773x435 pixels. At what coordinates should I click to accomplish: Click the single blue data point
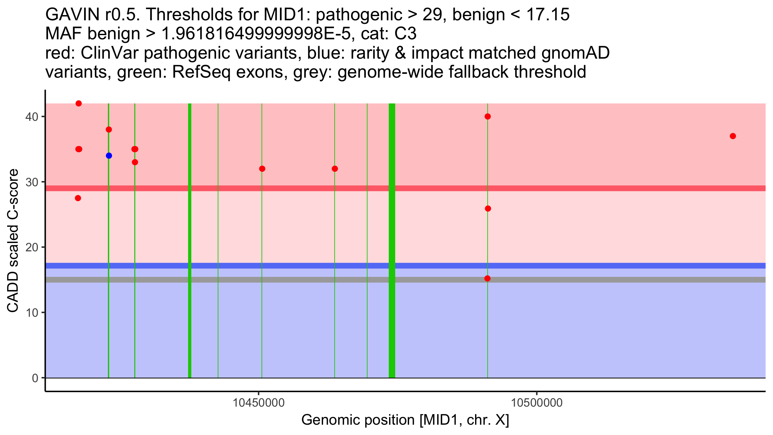click(109, 156)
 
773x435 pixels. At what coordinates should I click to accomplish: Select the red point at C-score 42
click(79, 103)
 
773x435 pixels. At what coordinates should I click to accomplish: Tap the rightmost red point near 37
click(733, 136)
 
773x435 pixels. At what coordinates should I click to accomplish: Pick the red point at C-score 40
click(488, 116)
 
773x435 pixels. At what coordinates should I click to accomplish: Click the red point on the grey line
click(487, 278)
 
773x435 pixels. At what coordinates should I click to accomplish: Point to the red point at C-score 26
click(488, 208)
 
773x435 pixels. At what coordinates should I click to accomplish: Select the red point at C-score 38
click(109, 130)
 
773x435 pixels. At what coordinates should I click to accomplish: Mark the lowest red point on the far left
click(78, 198)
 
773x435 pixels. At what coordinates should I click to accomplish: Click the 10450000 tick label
click(259, 403)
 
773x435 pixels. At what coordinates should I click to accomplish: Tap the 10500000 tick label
click(537, 403)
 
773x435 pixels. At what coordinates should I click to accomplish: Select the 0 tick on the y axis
click(35, 378)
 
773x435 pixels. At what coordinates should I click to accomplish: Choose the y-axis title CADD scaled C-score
click(13, 241)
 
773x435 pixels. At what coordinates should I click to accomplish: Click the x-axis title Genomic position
click(405, 420)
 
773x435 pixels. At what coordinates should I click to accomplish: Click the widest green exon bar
click(392, 240)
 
